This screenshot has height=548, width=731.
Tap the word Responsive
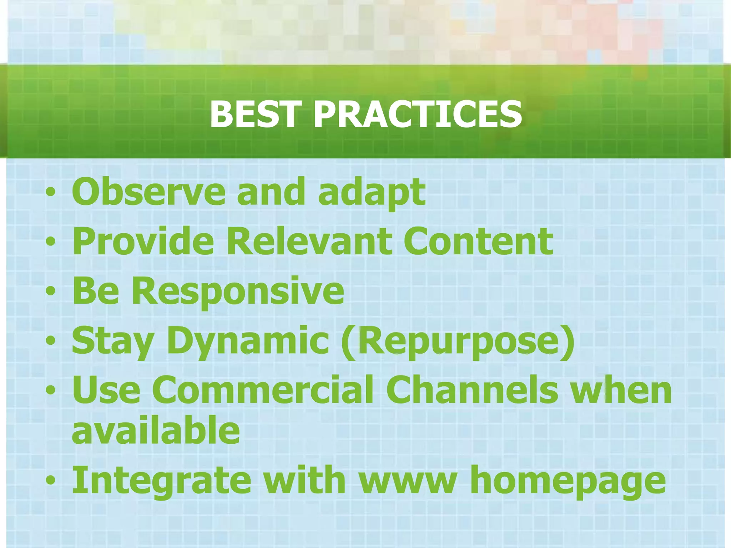[238, 292]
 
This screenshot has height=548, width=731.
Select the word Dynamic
[248, 342]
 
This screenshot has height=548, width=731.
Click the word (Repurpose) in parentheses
[458, 342]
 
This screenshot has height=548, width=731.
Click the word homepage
[568, 482]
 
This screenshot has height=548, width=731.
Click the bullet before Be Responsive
[51, 291]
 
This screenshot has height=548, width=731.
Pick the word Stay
[113, 342]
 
